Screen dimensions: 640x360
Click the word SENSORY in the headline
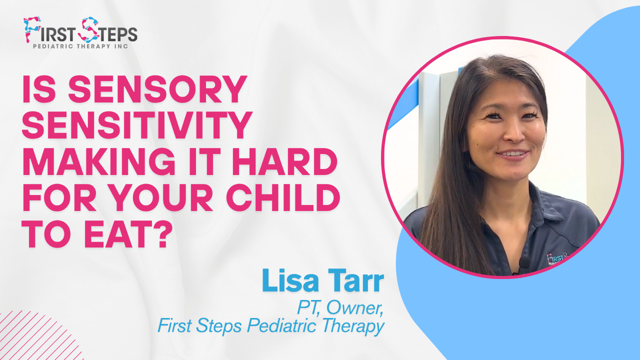click(x=157, y=89)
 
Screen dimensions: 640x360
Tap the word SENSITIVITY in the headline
click(x=137, y=125)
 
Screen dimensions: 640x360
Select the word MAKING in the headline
click(x=98, y=161)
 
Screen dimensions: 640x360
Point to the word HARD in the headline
click(x=285, y=161)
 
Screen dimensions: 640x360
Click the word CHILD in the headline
click(x=283, y=197)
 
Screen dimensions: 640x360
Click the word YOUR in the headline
click(x=172, y=197)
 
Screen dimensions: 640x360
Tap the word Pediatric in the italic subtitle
click(x=281, y=326)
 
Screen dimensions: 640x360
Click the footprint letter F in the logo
click(x=32, y=29)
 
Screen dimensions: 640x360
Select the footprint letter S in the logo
click(x=89, y=29)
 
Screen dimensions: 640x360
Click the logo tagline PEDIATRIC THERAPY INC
click(x=80, y=46)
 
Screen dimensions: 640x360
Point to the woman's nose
click(x=513, y=133)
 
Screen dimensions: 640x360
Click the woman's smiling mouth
click(x=513, y=154)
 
